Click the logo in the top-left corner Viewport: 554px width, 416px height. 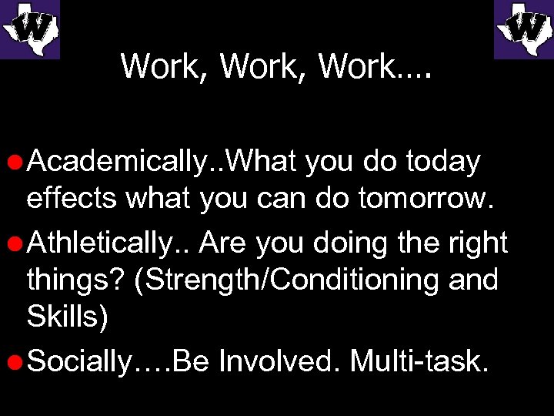pos(29,29)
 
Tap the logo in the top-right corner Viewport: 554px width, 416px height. pos(524,29)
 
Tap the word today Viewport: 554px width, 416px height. pos(442,163)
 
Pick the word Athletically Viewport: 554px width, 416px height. pos(108,243)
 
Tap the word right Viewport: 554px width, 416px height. pos(476,243)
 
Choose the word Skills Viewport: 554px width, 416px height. pos(66,316)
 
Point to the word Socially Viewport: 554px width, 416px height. pos(81,361)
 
